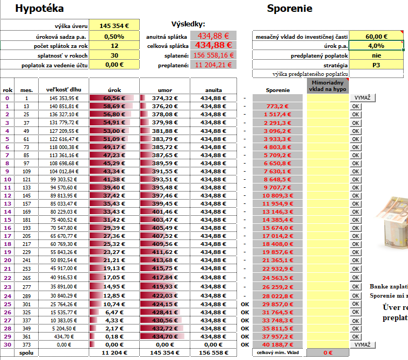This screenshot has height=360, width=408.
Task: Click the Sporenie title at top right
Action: [x=289, y=9]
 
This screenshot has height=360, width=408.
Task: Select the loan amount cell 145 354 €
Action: [x=114, y=26]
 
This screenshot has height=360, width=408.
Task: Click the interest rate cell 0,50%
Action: [x=114, y=36]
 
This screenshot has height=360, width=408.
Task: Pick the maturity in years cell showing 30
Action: [x=114, y=55]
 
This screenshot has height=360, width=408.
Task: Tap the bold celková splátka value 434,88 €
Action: [x=213, y=46]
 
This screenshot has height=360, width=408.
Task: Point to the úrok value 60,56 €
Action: [x=113, y=98]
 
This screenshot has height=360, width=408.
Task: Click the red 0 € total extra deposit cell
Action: [x=328, y=352]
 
